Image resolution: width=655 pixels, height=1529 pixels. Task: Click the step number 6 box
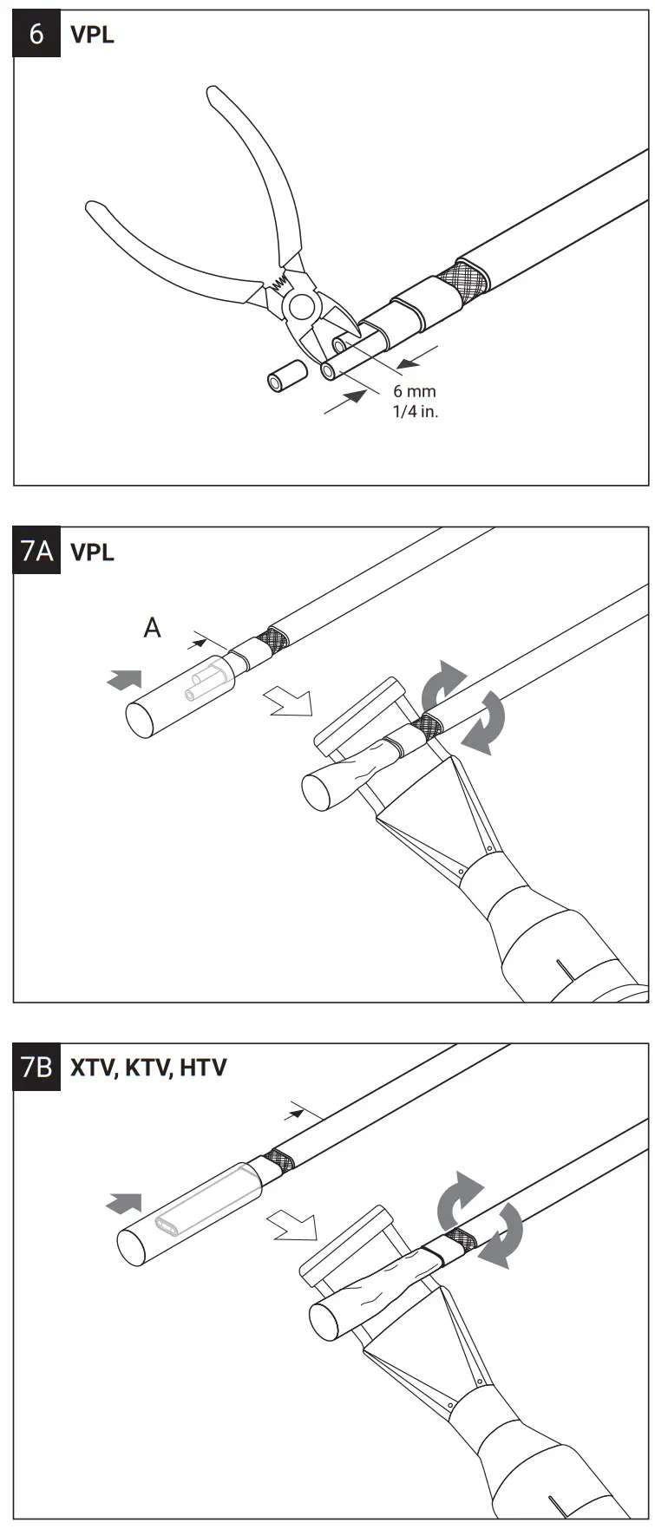click(x=36, y=34)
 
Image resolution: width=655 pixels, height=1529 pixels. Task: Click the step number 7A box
click(x=36, y=551)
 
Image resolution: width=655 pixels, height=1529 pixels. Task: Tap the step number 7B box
click(x=36, y=1067)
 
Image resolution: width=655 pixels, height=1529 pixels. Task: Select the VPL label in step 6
click(x=92, y=35)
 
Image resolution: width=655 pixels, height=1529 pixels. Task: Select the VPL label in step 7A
click(x=92, y=552)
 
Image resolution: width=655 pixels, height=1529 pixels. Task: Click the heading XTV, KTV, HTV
click(x=147, y=1068)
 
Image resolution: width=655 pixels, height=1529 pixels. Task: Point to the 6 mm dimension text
click(x=414, y=391)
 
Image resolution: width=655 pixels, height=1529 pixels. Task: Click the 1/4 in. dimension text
click(x=415, y=411)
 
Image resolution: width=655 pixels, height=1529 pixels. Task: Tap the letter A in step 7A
click(x=152, y=627)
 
